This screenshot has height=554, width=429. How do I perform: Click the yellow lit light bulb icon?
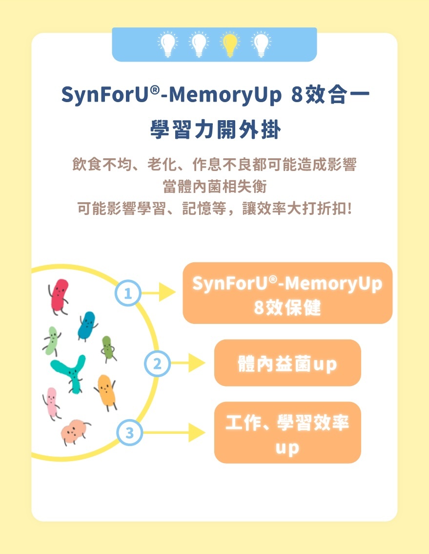point(229,44)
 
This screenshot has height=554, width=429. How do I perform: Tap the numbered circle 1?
point(128,294)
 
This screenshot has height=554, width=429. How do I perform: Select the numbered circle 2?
point(157,363)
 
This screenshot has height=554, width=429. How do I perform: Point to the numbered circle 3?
point(129,432)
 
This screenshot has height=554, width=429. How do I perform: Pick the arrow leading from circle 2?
point(188,363)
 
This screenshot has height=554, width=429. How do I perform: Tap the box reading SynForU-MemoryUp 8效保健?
point(287,293)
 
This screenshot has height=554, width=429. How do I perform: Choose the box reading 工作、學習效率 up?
point(287,432)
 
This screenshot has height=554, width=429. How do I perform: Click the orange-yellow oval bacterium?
point(106,390)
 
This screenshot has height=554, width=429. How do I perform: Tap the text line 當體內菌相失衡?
point(215,187)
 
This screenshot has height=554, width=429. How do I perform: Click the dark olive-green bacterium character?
point(107,348)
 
